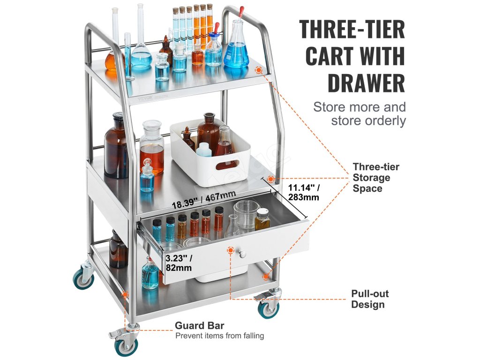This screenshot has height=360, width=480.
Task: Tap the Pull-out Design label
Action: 370,299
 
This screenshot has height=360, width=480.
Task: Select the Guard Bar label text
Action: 200,325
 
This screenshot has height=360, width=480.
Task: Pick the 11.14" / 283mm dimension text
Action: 303,192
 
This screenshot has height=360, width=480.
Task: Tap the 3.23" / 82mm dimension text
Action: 179,262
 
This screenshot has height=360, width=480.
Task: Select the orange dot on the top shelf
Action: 258,70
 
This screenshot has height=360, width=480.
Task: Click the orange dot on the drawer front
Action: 230,251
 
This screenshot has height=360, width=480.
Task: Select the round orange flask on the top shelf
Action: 114,60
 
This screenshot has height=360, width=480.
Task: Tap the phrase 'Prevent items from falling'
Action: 219,336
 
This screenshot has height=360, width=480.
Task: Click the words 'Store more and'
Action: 359,106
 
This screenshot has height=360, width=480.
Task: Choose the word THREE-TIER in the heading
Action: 352,29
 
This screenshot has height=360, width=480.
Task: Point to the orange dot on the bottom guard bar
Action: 125,294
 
